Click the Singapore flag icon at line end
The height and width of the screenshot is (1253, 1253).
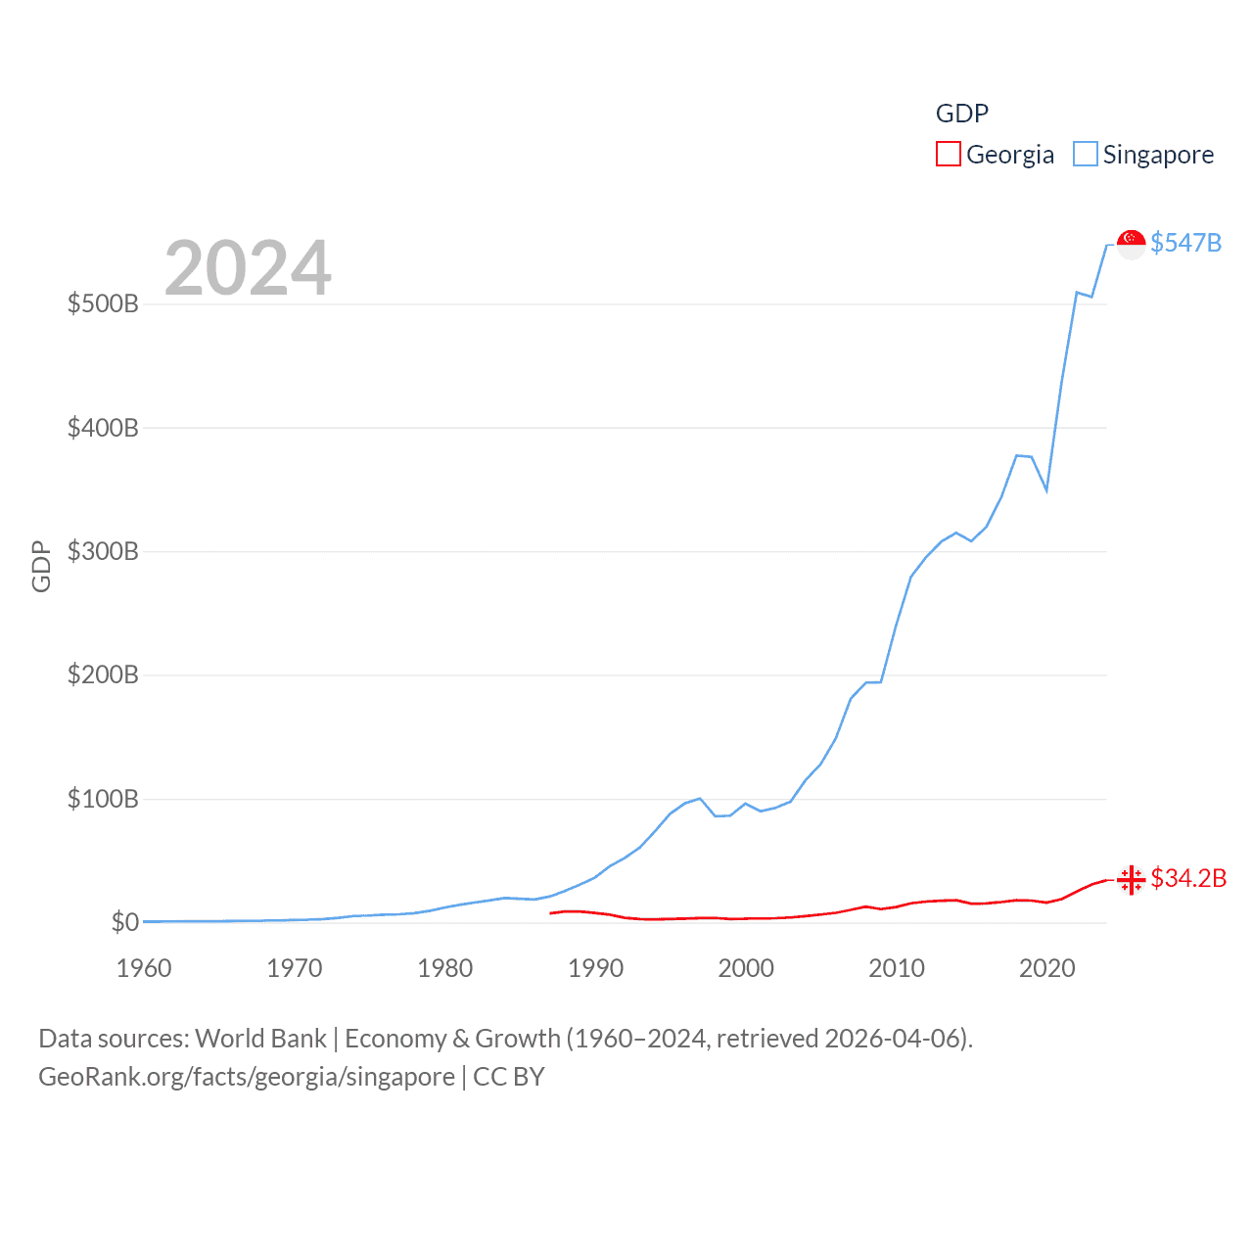point(1131,244)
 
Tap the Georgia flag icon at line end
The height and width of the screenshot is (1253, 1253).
point(1131,879)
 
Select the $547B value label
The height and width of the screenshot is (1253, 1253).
point(1185,243)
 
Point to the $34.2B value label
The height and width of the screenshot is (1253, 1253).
point(1188,878)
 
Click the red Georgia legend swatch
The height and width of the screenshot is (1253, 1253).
point(948,155)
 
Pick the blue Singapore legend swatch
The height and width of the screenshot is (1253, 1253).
point(1085,155)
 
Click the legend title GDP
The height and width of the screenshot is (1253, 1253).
point(961,114)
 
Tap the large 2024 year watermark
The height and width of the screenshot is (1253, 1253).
point(248,268)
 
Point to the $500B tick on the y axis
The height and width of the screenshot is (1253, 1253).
point(103,303)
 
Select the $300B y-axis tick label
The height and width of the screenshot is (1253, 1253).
point(103,551)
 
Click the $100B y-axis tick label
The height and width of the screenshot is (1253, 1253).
point(103,799)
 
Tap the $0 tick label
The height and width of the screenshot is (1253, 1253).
point(124,922)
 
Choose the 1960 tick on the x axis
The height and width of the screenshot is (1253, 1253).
point(144,968)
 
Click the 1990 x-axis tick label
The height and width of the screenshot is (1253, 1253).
point(595,968)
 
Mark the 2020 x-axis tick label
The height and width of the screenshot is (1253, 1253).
point(1046,968)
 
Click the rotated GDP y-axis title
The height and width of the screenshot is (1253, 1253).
point(41,566)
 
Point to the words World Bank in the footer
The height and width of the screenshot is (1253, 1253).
point(260,1038)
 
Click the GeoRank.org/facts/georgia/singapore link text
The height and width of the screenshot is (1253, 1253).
point(247,1077)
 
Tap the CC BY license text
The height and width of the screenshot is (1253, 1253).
point(508,1077)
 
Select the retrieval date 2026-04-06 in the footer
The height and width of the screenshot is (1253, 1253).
point(896,1038)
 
